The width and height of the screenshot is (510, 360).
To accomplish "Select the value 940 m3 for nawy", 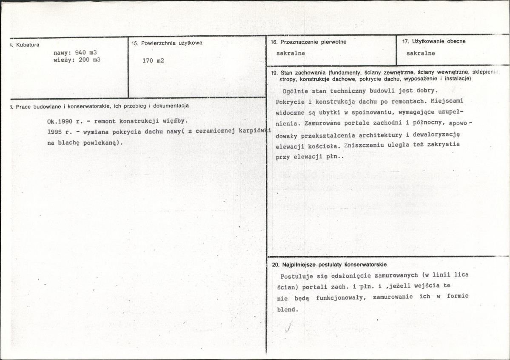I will pos(86,52).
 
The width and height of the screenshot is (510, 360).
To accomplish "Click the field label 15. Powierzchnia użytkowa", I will pos(167,43).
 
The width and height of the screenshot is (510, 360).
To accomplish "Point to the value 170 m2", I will pos(153,61).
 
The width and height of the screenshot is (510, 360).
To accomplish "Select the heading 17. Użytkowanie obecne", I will pos(433,41).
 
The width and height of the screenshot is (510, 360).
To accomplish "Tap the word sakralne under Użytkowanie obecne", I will pos(421,54).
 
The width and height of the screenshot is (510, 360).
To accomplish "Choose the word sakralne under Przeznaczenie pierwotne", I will pos(291,54).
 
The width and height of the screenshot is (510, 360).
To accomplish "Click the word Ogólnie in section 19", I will pos(295,91).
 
